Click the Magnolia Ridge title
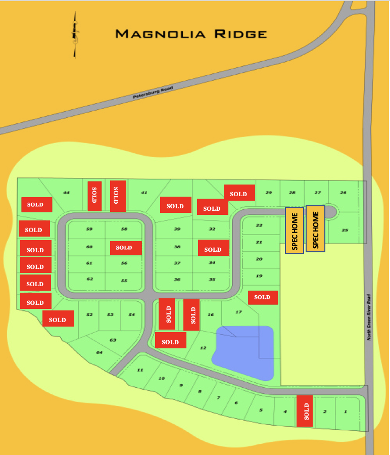(x=191, y=34)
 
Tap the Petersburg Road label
(x=153, y=92)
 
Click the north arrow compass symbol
(x=76, y=34)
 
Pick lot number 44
(x=66, y=193)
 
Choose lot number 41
(x=144, y=193)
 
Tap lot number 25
(x=345, y=230)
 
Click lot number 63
(x=113, y=340)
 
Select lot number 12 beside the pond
(x=203, y=348)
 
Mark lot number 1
(x=346, y=412)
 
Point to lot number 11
(x=140, y=370)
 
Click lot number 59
(x=89, y=229)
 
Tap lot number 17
(x=238, y=312)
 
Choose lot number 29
(x=269, y=193)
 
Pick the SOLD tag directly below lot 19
(x=263, y=297)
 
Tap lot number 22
(x=259, y=225)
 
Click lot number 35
(x=212, y=280)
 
